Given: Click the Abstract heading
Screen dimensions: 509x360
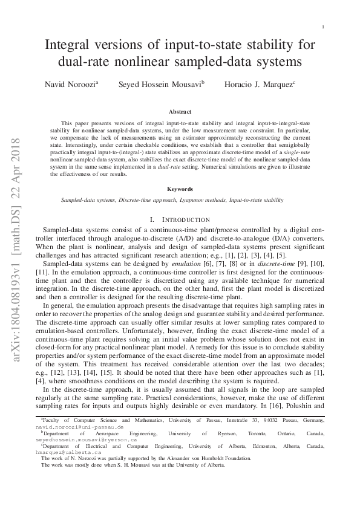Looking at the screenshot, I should (180, 112).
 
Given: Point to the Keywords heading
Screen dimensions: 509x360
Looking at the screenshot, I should (180, 189).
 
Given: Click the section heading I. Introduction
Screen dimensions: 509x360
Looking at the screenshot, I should (180, 219).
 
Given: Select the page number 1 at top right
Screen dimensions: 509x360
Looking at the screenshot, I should (324, 27).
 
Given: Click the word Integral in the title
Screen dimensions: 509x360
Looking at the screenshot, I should (72, 45).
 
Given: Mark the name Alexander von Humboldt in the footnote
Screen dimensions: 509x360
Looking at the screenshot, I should (192, 475).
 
